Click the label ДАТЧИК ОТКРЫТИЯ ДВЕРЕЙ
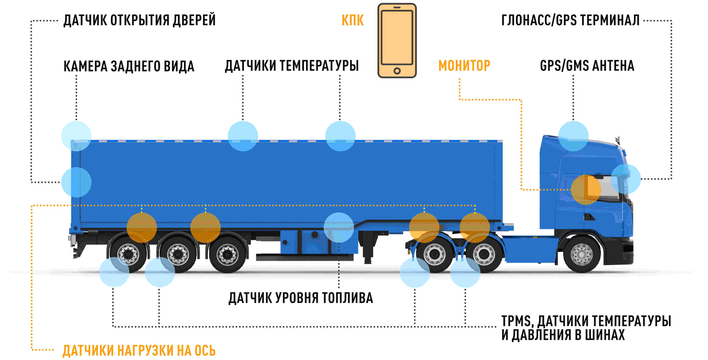[x=139, y=20]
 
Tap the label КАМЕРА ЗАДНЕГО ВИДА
[x=129, y=66]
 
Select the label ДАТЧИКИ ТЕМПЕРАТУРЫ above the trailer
[x=292, y=66]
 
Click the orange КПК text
[x=352, y=20]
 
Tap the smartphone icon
[x=397, y=40]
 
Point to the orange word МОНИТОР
[x=464, y=66]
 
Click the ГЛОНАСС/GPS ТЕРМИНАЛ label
[x=570, y=20]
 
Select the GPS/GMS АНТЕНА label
[x=587, y=66]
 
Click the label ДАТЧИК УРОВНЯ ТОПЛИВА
[x=300, y=298]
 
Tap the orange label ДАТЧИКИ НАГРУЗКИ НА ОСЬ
[x=139, y=350]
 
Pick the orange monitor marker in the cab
[x=586, y=190]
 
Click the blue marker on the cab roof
[x=573, y=136]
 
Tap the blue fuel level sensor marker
[x=339, y=228]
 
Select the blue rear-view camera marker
[x=76, y=136]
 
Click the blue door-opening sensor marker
[x=76, y=182]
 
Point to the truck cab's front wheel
[x=582, y=254]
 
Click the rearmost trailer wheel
[x=128, y=254]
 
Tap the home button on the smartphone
[x=397, y=71]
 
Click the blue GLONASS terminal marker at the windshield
[x=625, y=179]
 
